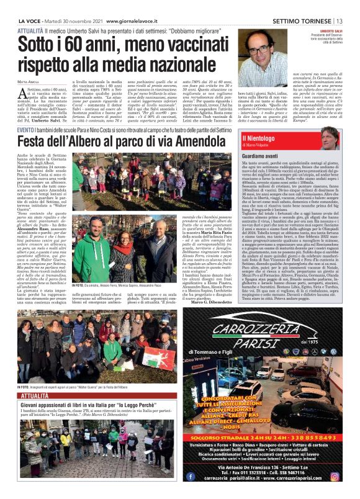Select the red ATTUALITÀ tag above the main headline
click(x=30, y=30)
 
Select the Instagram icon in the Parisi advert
click(x=335, y=477)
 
